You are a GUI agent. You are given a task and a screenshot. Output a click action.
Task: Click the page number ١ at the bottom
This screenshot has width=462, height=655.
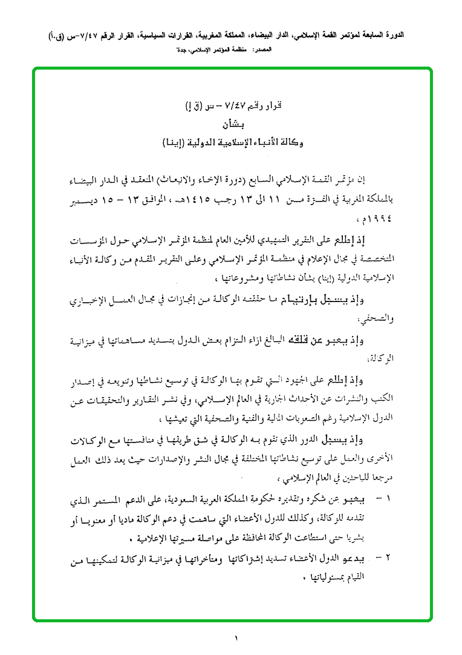236,637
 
